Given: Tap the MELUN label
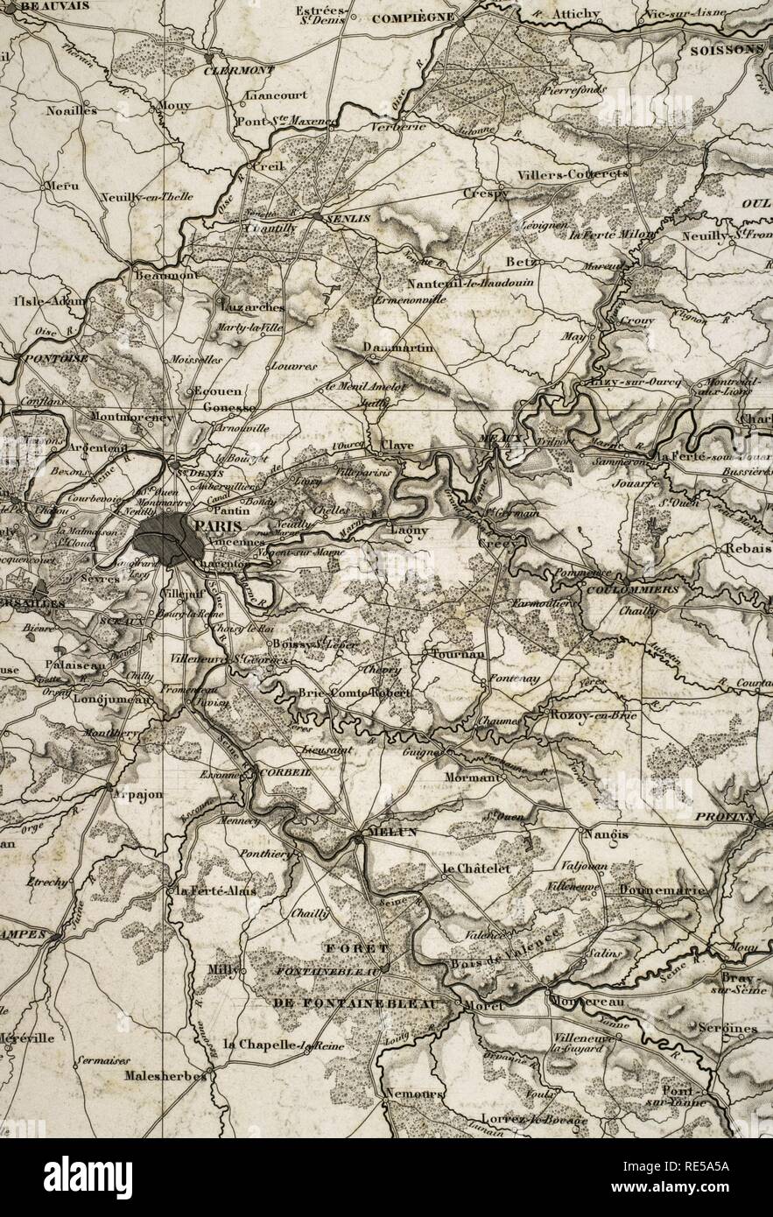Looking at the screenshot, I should (393, 832).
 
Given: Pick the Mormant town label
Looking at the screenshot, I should (472, 777).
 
